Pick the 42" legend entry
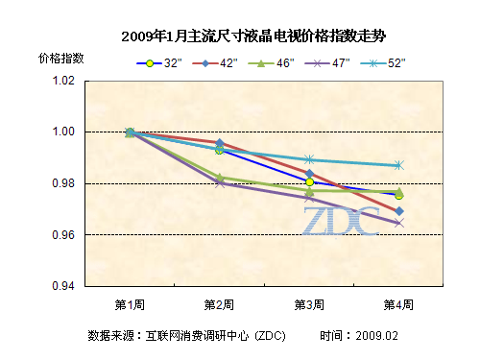(218, 62)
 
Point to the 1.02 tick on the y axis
(61, 81)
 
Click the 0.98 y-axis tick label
(61, 183)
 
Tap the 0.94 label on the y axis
(61, 286)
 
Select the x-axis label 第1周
(130, 304)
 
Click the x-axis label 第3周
(309, 304)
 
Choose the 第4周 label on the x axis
(398, 304)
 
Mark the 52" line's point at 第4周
(398, 165)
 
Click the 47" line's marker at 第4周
(398, 223)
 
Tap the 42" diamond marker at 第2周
(220, 143)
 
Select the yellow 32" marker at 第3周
(309, 181)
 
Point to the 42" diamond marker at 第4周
(398, 211)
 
